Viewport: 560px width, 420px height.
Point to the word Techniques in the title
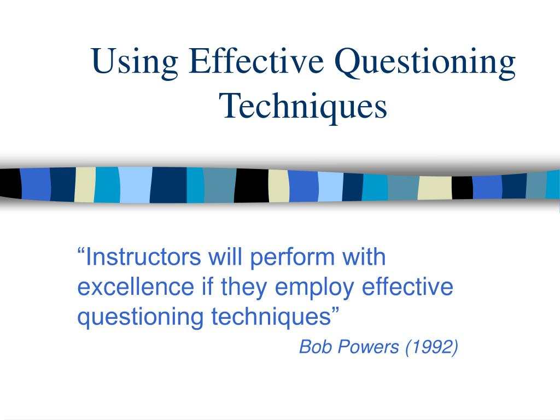coord(304,107)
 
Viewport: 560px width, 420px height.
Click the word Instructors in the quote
coord(143,257)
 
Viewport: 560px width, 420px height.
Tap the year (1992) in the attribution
coord(432,347)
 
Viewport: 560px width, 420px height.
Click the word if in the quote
coord(207,287)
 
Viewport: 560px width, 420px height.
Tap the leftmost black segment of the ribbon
coord(10,184)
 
